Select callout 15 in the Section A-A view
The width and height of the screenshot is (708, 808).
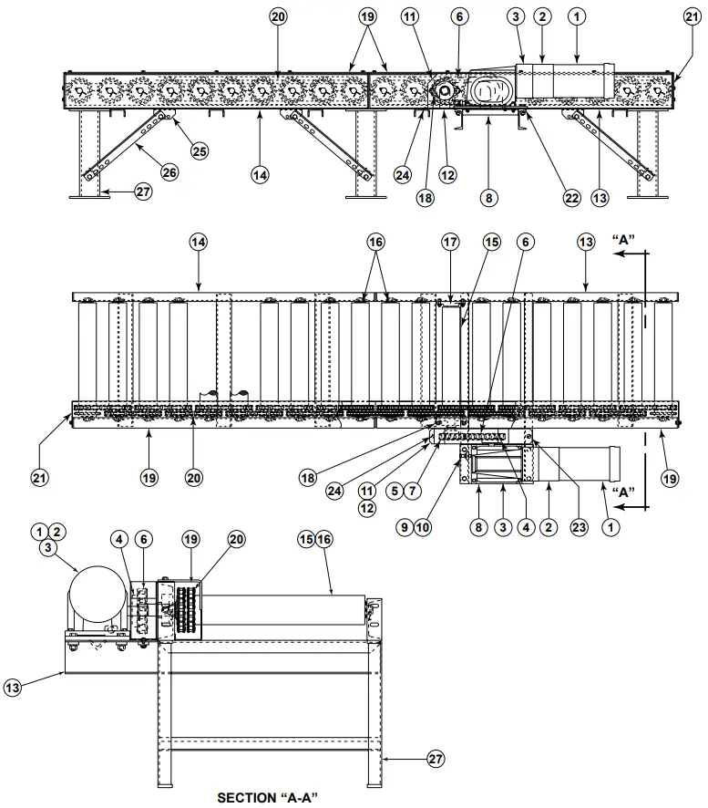click(x=305, y=539)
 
